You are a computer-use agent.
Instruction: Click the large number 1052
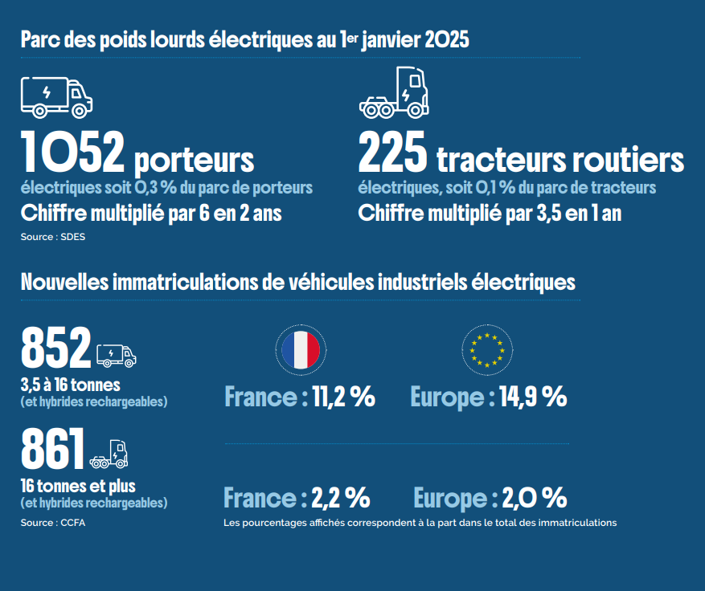pyautogui.click(x=72, y=152)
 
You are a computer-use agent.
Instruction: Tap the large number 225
pyautogui.click(x=392, y=152)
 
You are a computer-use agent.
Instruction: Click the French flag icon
pyautogui.click(x=301, y=350)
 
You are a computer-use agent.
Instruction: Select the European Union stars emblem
pyautogui.click(x=487, y=350)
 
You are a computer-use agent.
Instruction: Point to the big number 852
pyautogui.click(x=56, y=348)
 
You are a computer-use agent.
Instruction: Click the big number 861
pyautogui.click(x=52, y=449)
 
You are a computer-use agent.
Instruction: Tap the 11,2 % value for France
pyautogui.click(x=344, y=397)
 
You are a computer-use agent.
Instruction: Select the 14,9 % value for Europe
pyautogui.click(x=533, y=397)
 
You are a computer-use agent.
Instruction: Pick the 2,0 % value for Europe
pyautogui.click(x=535, y=498)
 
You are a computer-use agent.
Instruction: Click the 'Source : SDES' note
pyautogui.click(x=52, y=237)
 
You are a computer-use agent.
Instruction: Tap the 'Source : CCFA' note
pyautogui.click(x=52, y=523)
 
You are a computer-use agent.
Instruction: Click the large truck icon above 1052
pyautogui.click(x=56, y=97)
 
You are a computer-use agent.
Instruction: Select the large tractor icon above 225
pyautogui.click(x=394, y=92)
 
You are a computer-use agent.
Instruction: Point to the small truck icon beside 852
pyautogui.click(x=117, y=356)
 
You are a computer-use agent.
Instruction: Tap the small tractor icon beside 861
pyautogui.click(x=109, y=454)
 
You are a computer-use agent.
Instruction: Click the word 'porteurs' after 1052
pyautogui.click(x=195, y=161)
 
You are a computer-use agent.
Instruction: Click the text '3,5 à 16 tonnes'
pyautogui.click(x=71, y=385)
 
